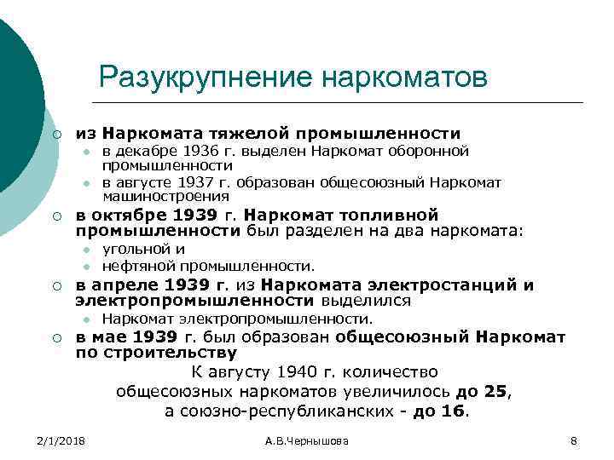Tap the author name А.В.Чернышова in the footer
tap(307, 440)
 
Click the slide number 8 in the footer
tap(573, 440)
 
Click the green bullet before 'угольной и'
tap(86, 250)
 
